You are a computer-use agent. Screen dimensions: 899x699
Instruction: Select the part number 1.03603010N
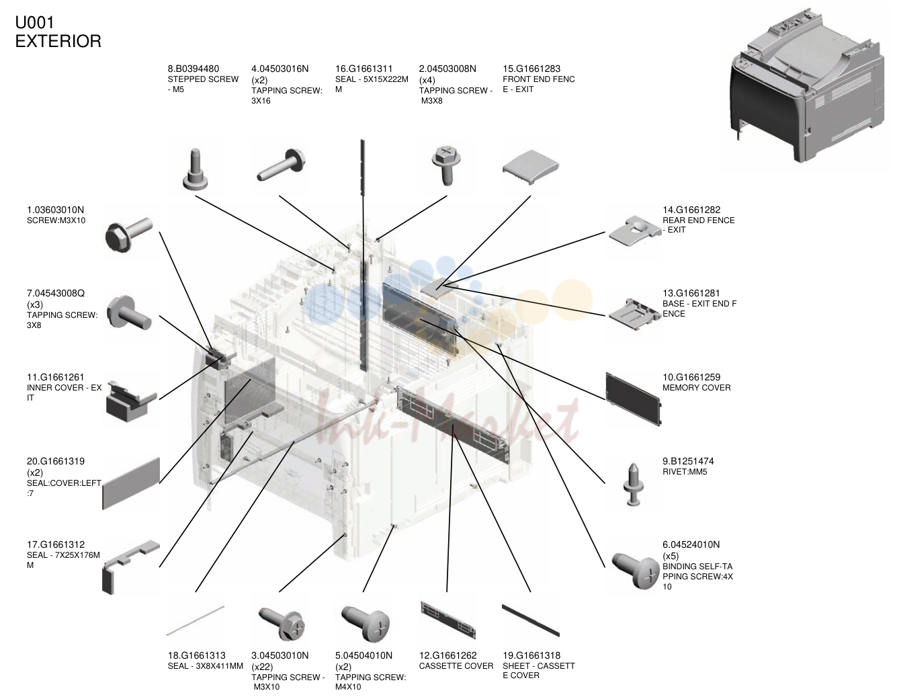click(x=56, y=210)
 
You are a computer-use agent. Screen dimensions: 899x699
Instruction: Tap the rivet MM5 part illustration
click(x=634, y=484)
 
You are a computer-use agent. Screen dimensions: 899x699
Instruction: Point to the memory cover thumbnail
click(x=634, y=399)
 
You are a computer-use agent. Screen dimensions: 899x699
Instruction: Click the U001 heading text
click(x=34, y=23)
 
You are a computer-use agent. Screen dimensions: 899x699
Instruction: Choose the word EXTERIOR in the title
click(x=58, y=42)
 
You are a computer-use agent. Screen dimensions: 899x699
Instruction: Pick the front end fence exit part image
click(x=531, y=167)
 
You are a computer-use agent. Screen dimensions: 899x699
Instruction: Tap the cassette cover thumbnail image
click(x=448, y=620)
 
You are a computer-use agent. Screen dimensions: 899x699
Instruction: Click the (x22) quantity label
click(x=262, y=667)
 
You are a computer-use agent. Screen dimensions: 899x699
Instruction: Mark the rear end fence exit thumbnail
click(x=634, y=231)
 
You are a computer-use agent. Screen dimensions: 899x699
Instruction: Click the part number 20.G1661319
click(x=56, y=461)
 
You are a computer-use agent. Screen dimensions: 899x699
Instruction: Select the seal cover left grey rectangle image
click(x=131, y=483)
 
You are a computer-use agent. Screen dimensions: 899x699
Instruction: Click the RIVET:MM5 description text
click(x=685, y=472)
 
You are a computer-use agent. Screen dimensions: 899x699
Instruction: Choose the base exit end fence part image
click(x=634, y=314)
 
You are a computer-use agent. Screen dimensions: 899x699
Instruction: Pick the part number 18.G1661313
click(x=196, y=655)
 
